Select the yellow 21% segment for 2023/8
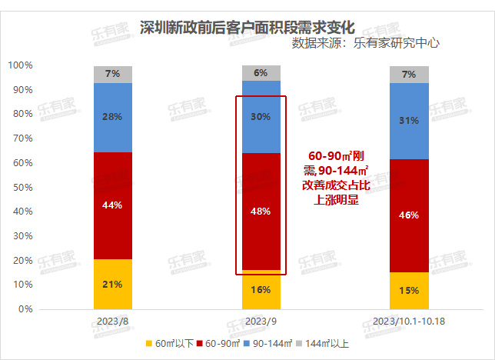pos(113,284)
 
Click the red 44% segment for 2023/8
pos(113,205)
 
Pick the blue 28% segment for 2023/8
pos(113,117)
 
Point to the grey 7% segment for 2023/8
pos(113,74)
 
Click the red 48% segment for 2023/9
pos(261,212)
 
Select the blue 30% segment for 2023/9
pos(261,117)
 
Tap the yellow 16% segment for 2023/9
pos(261,290)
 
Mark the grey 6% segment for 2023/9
pos(261,73)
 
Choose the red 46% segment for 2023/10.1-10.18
pos(409,215)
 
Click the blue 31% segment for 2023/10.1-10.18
pos(409,121)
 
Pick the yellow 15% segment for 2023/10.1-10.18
pos(409,291)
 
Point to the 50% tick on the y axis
pos(20,188)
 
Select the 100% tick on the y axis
pos(18,66)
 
